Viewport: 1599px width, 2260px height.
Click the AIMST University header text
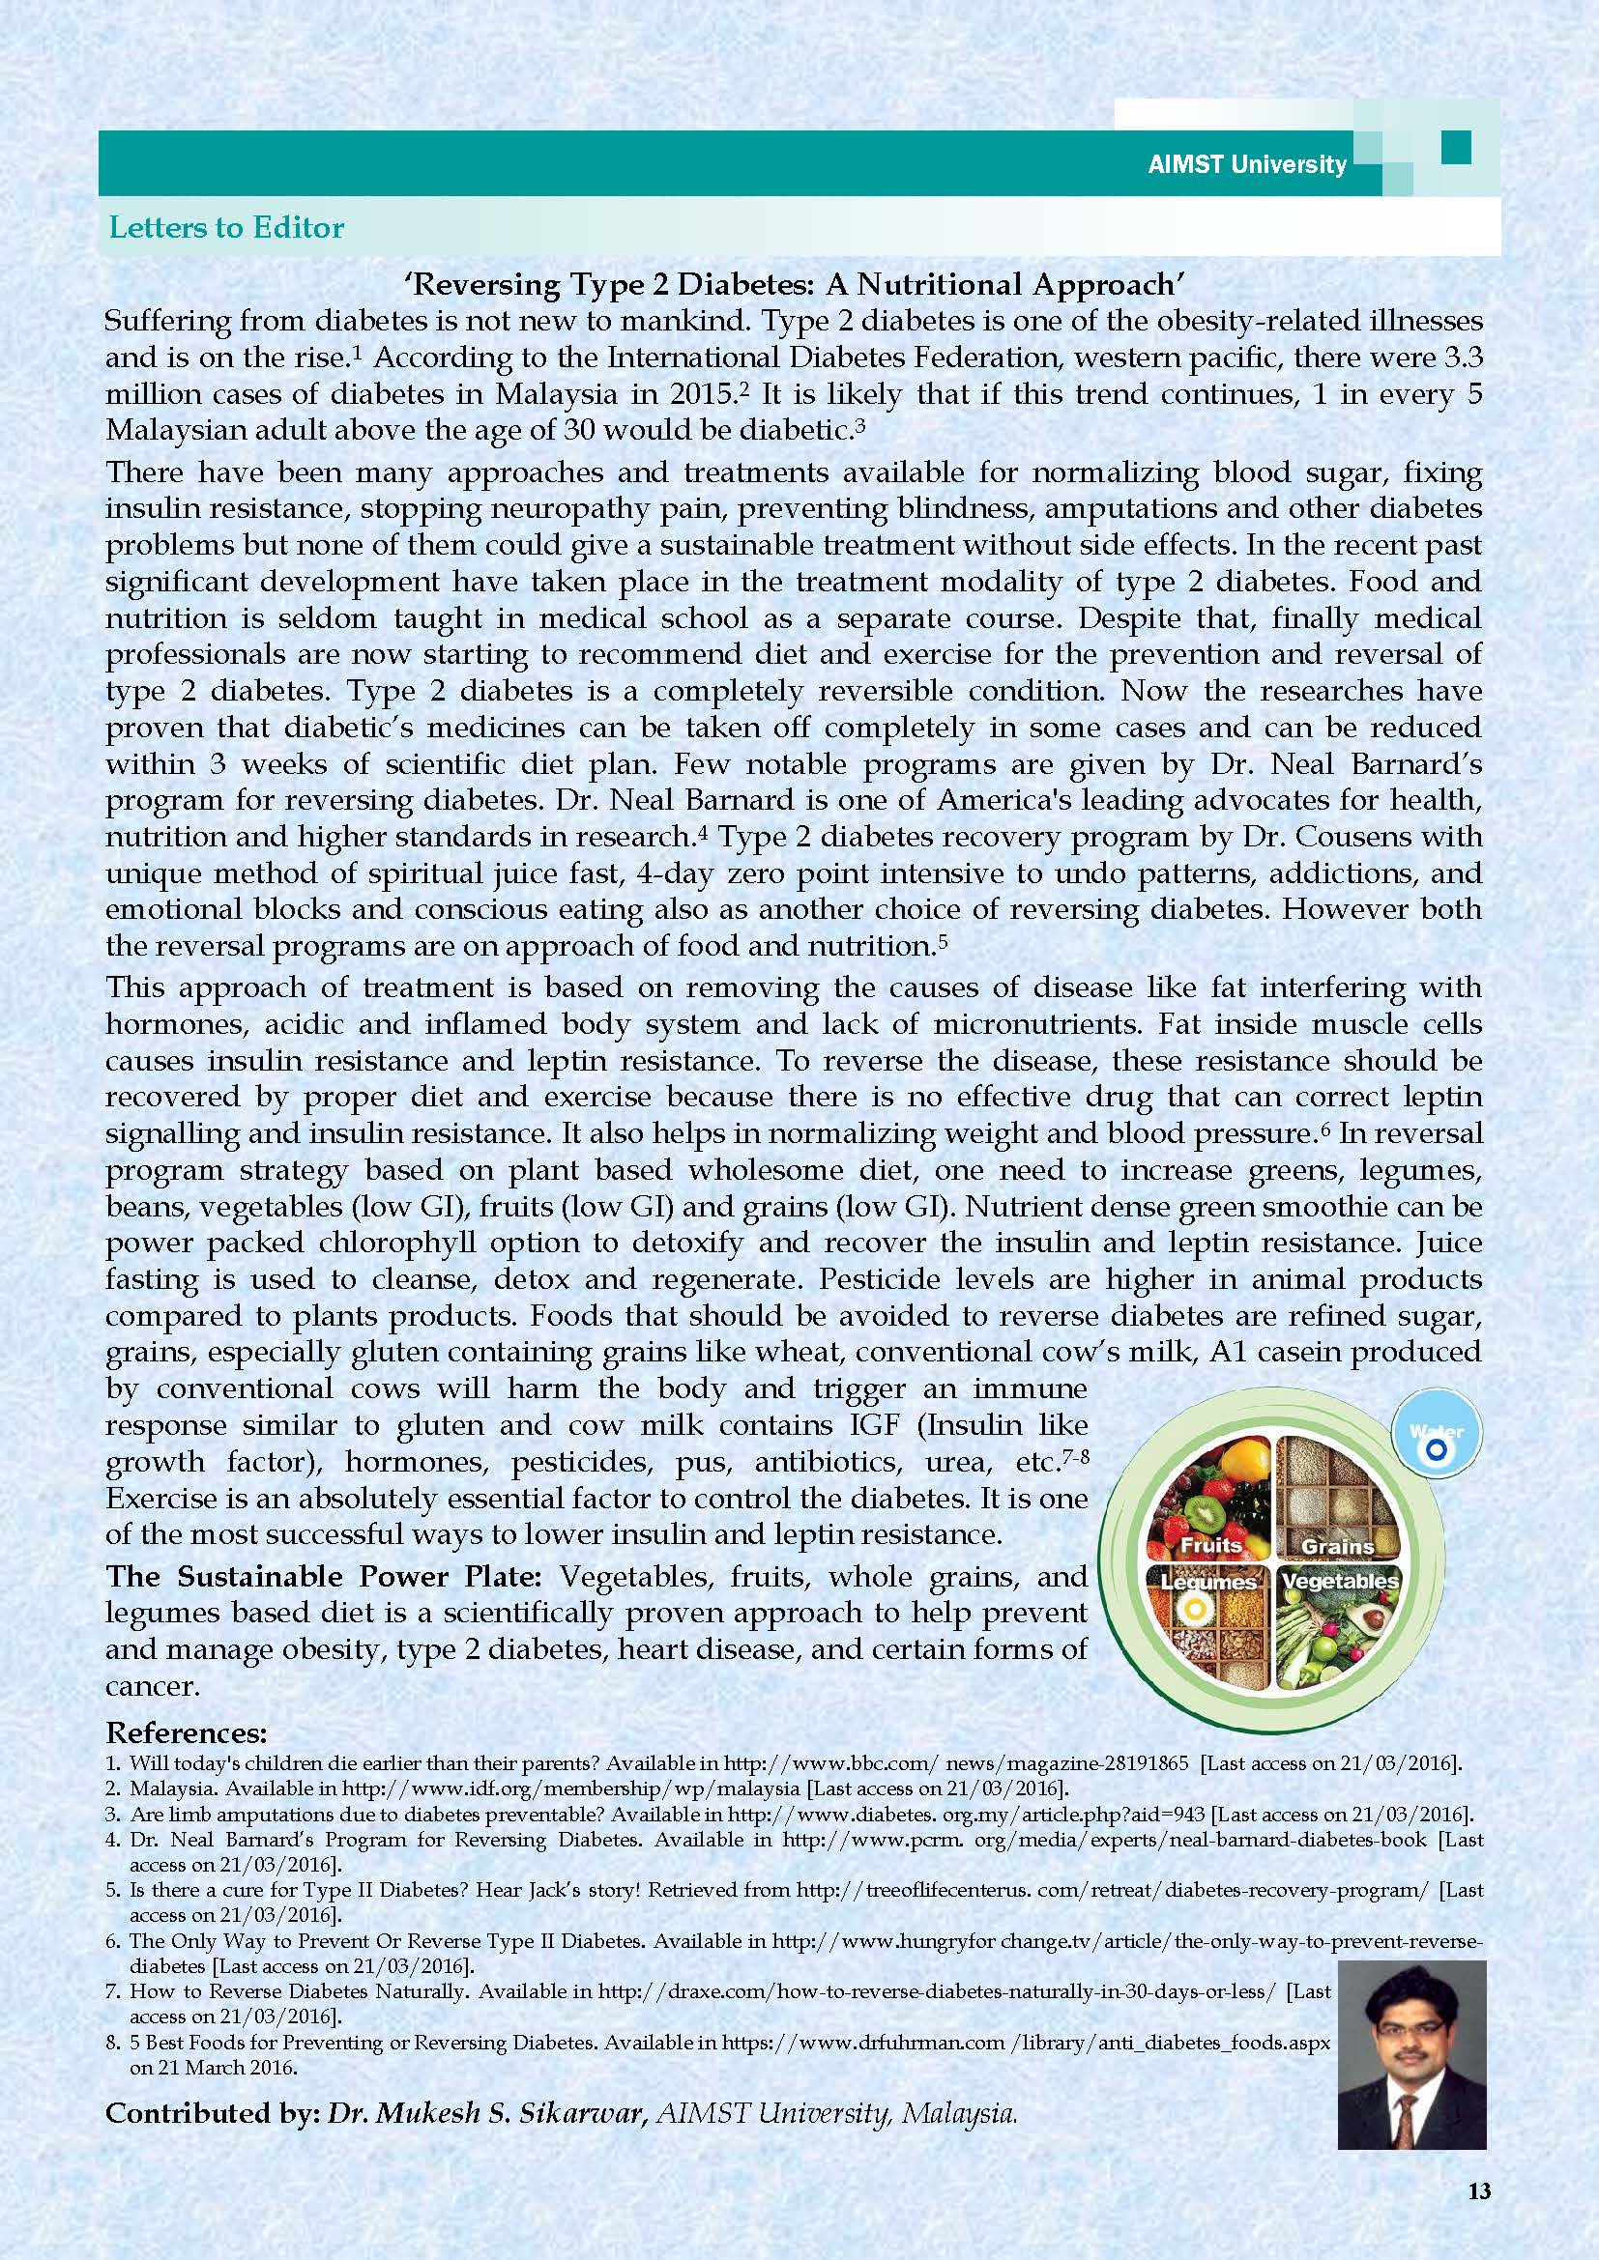coord(1246,164)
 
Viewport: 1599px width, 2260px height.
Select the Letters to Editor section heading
coord(225,228)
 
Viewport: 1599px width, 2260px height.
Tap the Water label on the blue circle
coord(1435,1432)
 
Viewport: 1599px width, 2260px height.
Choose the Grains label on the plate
coord(1337,1546)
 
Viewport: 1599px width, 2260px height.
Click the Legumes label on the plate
coord(1208,1583)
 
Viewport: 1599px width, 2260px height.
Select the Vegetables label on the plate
coord(1339,1581)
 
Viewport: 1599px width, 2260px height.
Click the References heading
coord(186,1733)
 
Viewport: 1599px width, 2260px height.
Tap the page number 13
coord(1479,2190)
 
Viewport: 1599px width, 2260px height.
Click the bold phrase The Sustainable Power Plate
coord(324,1576)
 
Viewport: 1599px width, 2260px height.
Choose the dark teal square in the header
coord(1455,148)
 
